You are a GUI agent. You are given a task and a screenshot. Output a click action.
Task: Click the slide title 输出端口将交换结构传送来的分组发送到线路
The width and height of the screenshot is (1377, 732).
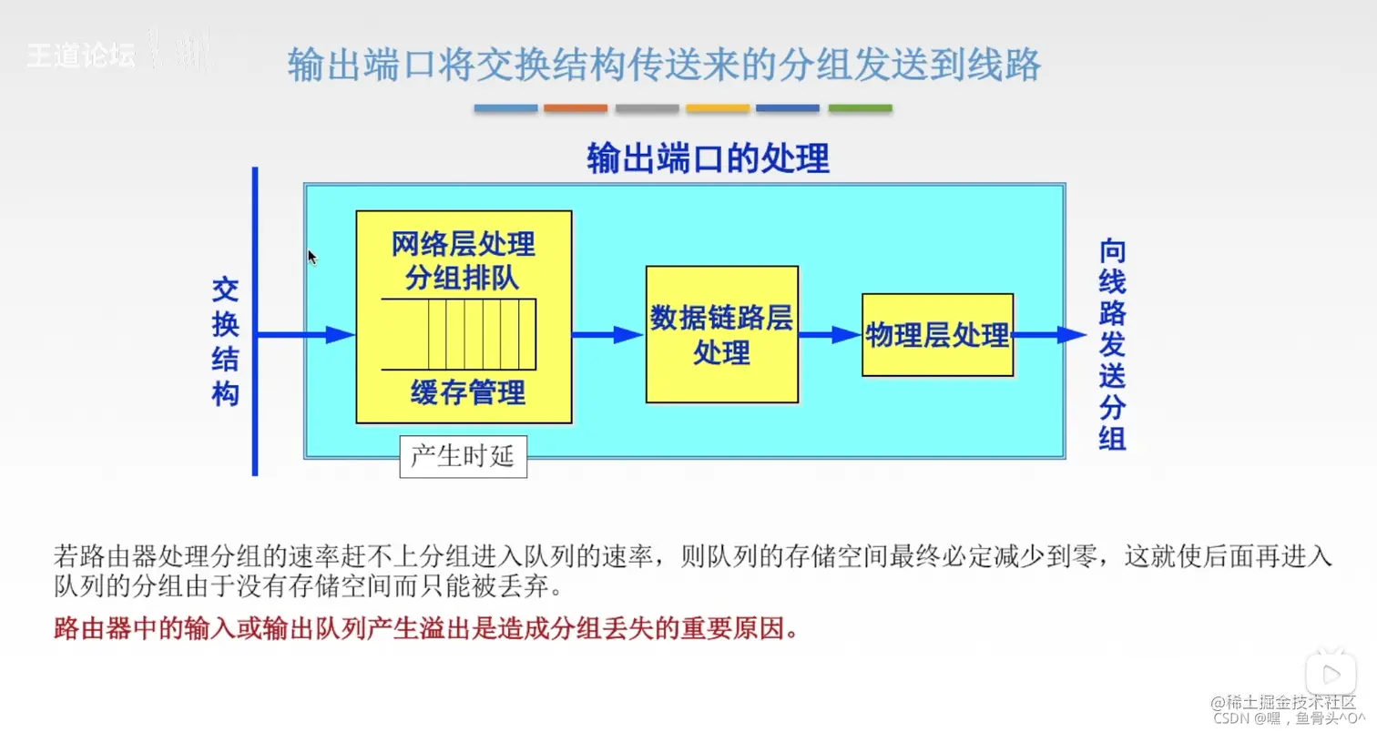(x=664, y=66)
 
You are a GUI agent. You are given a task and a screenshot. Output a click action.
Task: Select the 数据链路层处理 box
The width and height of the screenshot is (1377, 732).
(x=721, y=334)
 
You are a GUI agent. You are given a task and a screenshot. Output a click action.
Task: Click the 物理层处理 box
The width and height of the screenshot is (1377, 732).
(x=937, y=335)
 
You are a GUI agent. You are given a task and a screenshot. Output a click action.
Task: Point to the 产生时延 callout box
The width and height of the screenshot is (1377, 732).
(x=463, y=456)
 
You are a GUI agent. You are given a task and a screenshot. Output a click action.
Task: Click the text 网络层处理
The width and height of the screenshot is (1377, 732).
(x=464, y=245)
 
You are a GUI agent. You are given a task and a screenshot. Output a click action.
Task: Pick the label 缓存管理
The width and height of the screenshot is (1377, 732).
(x=468, y=393)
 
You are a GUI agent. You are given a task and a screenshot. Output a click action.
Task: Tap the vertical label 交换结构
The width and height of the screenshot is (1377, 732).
(x=225, y=341)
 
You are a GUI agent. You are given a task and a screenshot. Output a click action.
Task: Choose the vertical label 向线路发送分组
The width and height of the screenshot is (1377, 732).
(x=1112, y=344)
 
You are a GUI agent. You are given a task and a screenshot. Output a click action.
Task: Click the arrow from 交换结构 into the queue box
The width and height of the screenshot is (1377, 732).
(x=305, y=335)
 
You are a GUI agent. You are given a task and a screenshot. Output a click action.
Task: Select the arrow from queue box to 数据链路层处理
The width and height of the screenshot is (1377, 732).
(x=608, y=335)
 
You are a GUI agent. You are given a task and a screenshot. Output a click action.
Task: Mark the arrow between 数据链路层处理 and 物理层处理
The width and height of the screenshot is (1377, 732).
(x=830, y=335)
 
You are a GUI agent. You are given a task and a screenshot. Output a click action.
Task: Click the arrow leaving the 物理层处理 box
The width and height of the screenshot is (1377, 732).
(x=1049, y=335)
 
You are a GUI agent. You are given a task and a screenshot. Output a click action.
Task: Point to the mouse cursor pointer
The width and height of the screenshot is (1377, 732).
(x=312, y=257)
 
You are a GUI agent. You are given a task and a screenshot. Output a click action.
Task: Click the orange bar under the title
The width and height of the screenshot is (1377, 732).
(x=576, y=108)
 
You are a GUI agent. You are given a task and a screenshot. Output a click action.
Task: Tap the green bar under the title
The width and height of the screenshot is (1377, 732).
(x=860, y=108)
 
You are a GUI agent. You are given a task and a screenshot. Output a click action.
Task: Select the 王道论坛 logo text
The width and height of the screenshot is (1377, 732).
(x=80, y=56)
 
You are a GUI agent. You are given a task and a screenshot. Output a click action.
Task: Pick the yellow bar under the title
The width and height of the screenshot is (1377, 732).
(x=718, y=108)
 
